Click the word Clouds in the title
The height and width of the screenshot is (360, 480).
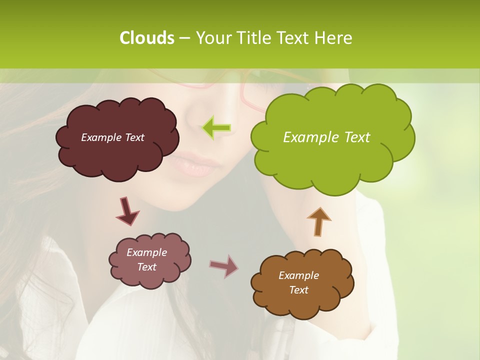147,38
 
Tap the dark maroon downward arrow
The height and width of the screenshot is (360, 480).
127,211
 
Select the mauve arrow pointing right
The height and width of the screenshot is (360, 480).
224,266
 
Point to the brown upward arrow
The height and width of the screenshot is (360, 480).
318,221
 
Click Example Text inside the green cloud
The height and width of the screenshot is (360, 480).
326,137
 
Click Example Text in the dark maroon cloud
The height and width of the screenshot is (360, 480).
112,137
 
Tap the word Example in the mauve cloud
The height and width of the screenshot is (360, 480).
146,252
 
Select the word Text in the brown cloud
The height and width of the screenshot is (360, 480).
298,290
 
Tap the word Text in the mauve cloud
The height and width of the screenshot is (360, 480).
146,267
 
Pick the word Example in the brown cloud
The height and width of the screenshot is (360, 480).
298,275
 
